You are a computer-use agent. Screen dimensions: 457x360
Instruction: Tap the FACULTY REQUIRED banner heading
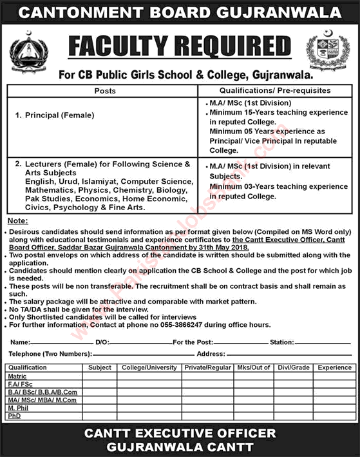[180, 47]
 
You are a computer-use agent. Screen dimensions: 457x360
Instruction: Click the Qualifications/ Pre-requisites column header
[275, 91]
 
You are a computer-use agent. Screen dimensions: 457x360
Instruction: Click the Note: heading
[17, 221]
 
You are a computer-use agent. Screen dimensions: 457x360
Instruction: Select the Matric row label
[18, 375]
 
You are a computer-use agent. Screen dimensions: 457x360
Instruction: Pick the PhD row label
[15, 416]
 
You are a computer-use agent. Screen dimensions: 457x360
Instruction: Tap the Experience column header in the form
[334, 367]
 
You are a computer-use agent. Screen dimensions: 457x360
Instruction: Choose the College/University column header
[149, 367]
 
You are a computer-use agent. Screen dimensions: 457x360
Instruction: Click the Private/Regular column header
[207, 367]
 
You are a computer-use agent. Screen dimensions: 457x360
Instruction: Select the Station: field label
[282, 342]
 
